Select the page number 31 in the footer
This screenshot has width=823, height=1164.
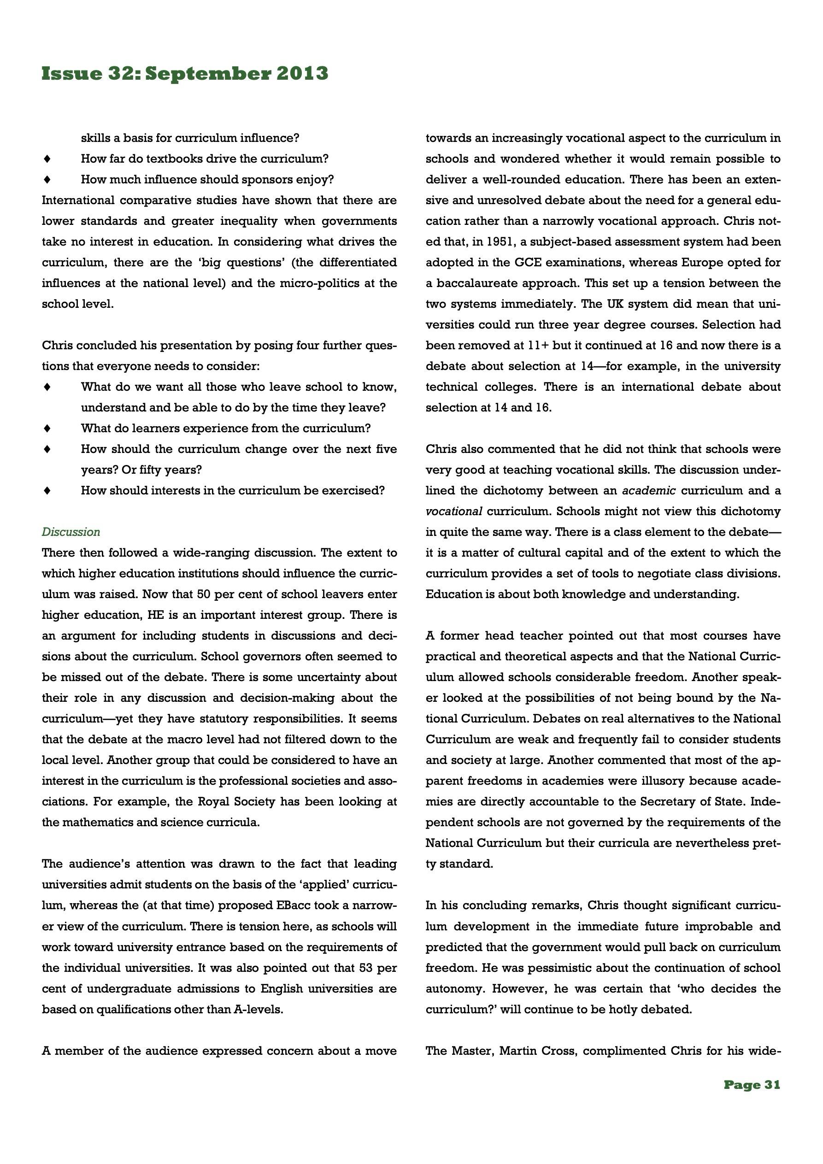coord(771,1085)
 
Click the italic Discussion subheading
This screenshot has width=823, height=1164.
coord(71,532)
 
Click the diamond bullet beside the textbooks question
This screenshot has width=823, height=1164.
coord(47,159)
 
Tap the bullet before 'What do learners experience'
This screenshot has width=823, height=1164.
coord(47,429)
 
